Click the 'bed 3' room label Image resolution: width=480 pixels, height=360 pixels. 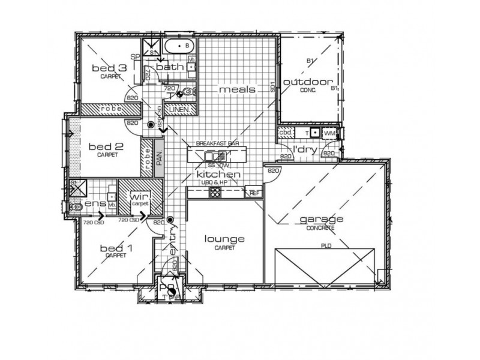point(109,68)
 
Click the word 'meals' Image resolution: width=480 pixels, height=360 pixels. point(237,90)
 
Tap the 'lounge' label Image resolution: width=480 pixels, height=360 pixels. point(224,239)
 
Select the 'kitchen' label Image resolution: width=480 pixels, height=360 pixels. point(219,175)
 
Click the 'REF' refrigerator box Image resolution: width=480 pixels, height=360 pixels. point(254,193)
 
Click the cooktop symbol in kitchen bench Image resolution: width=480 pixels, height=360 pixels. point(215,192)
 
